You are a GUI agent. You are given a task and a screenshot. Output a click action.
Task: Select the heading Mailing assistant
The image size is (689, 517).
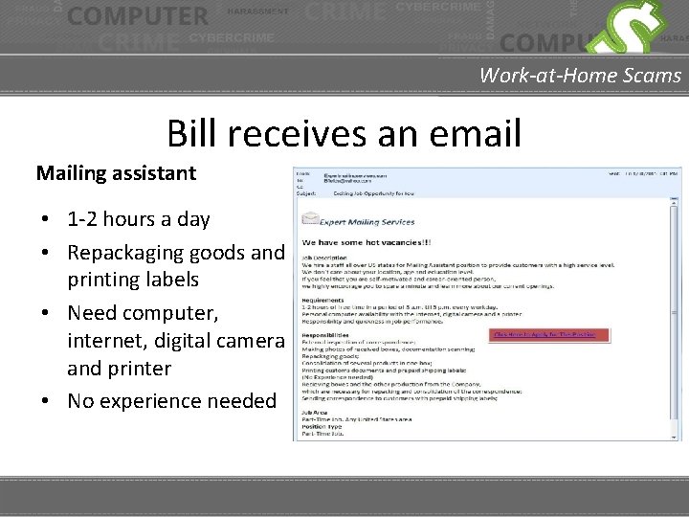116,173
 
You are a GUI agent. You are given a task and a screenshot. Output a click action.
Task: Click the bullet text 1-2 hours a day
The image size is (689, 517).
138,219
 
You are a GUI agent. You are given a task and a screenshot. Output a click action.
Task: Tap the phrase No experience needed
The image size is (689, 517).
171,400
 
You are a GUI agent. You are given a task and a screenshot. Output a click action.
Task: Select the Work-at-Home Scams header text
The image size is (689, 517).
580,75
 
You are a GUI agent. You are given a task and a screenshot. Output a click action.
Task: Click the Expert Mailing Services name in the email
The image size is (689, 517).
367,222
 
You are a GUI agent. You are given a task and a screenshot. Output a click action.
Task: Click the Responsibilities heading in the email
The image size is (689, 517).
325,336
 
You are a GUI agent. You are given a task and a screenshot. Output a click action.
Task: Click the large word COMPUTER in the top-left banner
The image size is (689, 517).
138,16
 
